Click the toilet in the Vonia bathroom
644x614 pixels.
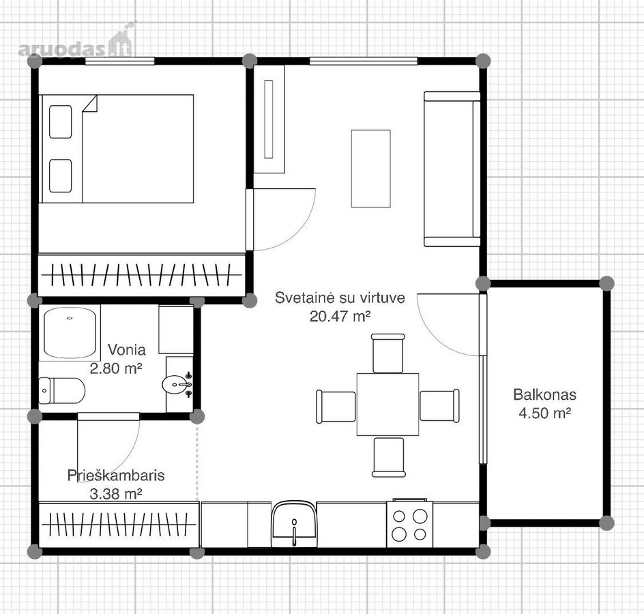(61, 391)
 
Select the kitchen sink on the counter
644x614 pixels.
(293, 524)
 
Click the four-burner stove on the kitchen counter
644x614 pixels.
(409, 524)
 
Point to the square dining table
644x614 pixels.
(387, 404)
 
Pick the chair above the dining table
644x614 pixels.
(388, 353)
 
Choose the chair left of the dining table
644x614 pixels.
(336, 407)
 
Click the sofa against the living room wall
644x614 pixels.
(452, 169)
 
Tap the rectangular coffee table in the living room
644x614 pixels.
(371, 169)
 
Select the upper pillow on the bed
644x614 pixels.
(60, 121)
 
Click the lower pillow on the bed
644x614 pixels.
(60, 176)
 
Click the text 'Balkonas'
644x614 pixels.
(544, 395)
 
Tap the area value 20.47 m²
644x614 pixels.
(340, 317)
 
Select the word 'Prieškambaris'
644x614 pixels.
(116, 476)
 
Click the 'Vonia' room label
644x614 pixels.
(126, 349)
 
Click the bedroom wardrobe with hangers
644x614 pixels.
(142, 274)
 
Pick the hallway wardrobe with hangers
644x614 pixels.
(119, 525)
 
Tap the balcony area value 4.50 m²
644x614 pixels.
(544, 413)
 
